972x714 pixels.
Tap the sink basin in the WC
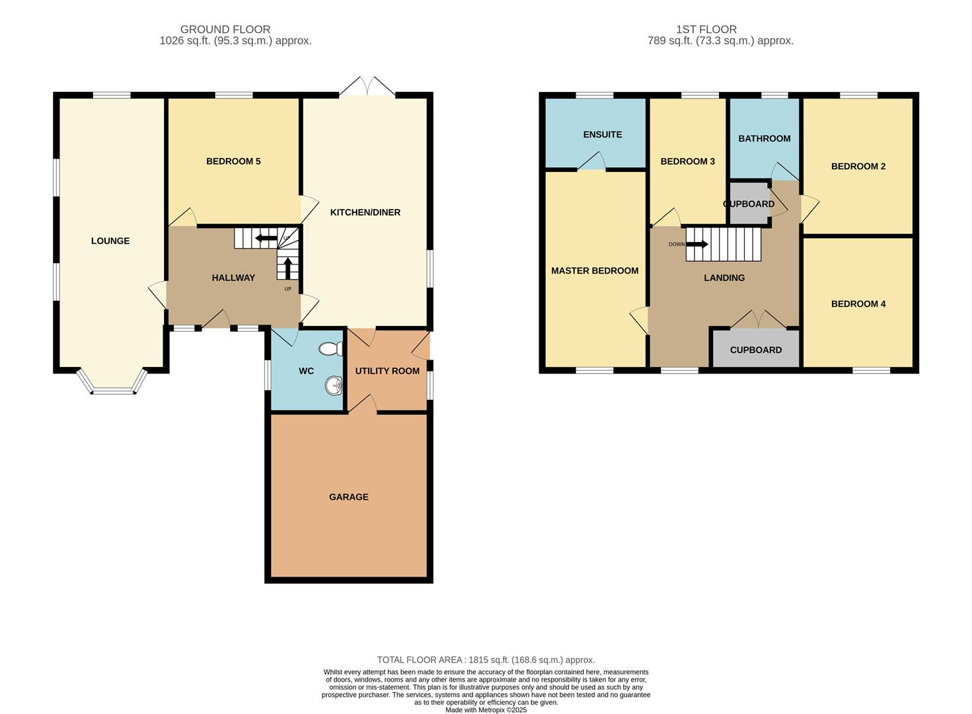coord(334,385)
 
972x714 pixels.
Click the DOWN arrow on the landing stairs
coord(696,244)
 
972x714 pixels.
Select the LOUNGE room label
coord(110,241)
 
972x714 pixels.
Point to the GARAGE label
coord(349,496)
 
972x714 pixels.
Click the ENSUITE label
coord(602,134)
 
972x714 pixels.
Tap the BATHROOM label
coord(764,138)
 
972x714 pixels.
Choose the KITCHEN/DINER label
coord(365,212)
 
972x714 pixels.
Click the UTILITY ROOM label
coord(387,371)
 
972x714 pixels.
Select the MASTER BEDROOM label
coord(595,270)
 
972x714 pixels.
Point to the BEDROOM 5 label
coord(233,161)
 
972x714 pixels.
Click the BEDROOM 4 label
coord(858,304)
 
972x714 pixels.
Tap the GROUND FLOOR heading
coord(225,29)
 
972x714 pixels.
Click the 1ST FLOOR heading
coord(706,29)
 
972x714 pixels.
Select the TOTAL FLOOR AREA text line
coord(486,660)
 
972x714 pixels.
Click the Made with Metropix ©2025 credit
coord(486,710)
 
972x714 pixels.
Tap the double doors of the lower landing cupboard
coord(759,320)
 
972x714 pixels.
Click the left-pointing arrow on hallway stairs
coord(266,238)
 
